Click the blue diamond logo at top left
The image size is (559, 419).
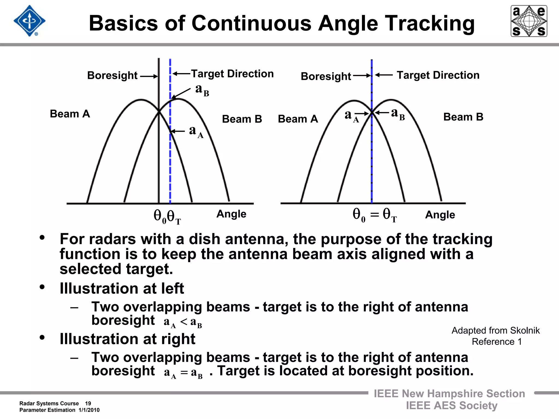point(29,21)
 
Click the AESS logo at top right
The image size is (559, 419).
point(529,21)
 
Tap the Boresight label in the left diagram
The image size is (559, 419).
point(112,75)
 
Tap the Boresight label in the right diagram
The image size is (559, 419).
point(326,76)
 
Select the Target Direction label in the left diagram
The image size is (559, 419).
point(232,74)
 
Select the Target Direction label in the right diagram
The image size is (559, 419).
point(438,75)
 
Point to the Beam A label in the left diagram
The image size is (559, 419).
point(70,114)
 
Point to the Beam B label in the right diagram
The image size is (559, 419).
point(463,117)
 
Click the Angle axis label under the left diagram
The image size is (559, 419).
point(231,214)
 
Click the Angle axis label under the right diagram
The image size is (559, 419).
point(440,215)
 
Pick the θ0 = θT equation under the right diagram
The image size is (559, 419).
point(374,215)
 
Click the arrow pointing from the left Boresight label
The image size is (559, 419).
point(149,76)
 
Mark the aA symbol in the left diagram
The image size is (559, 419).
point(196,131)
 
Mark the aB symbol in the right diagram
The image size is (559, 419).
point(398,113)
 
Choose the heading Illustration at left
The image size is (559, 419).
point(122,288)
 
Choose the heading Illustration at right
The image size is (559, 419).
point(127,339)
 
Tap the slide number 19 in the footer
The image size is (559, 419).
point(88,403)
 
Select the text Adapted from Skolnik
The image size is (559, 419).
point(495,330)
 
